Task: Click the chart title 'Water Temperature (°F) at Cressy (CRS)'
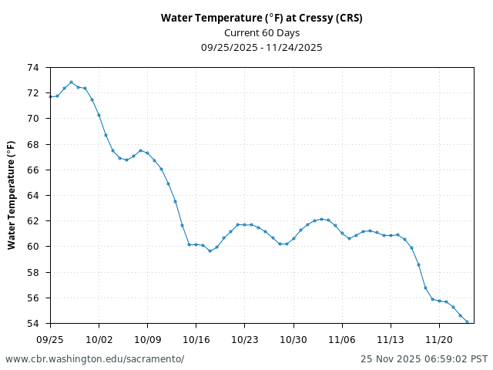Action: (261, 18)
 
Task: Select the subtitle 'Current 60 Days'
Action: (261, 32)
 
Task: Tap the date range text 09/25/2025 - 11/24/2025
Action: (261, 47)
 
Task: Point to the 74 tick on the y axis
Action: (33, 68)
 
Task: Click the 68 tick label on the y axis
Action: (33, 144)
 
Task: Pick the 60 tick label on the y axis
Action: (33, 247)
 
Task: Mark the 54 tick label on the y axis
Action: (33, 323)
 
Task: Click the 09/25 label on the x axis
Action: (50, 339)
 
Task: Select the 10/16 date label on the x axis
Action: (196, 339)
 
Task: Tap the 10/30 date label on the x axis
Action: (293, 339)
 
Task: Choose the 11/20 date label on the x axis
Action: (439, 339)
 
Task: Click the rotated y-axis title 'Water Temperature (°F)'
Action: (12, 195)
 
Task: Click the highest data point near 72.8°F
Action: (71, 82)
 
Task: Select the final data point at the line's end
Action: (467, 322)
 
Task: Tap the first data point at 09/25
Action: (50, 96)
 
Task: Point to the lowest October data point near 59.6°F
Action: (210, 251)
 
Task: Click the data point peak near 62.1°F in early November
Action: (321, 219)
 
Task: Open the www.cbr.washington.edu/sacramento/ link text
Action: (95, 359)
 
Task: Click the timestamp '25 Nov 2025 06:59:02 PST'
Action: (424, 359)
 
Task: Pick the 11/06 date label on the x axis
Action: (342, 339)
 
